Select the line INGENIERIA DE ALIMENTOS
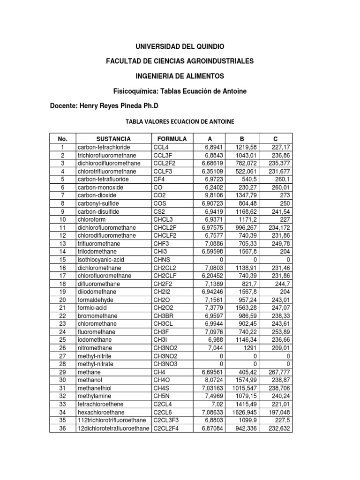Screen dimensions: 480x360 pyautogui.click(x=180, y=76)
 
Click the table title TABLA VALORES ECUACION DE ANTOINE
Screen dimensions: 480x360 pyautogui.click(x=180, y=122)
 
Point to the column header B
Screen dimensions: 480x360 pyautogui.click(x=241, y=139)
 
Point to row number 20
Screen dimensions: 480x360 pyautogui.click(x=63, y=300)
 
